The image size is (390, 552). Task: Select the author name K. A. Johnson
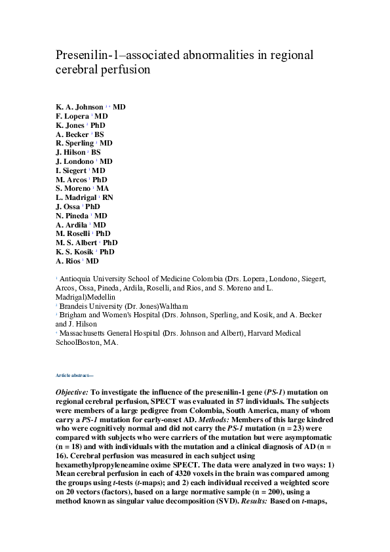coord(79,107)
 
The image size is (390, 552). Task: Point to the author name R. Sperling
coord(75,143)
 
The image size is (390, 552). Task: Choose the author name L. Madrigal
coord(77,197)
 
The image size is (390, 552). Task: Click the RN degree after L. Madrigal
coord(108,197)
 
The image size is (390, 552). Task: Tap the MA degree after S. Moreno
coord(103,188)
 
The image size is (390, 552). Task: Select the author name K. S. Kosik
coord(75,251)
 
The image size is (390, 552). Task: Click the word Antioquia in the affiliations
coord(76,279)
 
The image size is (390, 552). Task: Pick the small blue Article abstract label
coord(75,375)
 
